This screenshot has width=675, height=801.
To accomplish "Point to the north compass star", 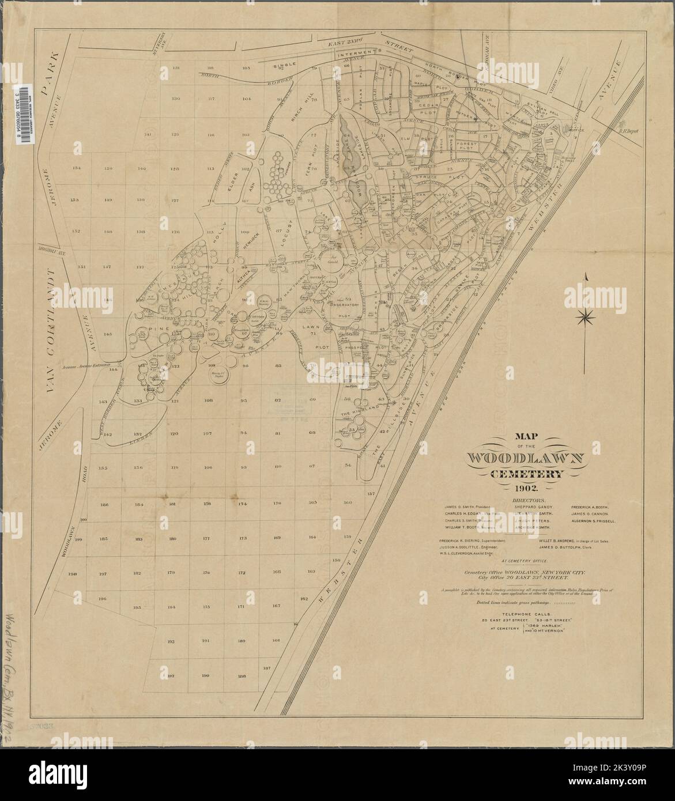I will (586, 315).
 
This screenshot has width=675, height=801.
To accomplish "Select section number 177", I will (206, 539).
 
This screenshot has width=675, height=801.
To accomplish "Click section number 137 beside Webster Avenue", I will (371, 494).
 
